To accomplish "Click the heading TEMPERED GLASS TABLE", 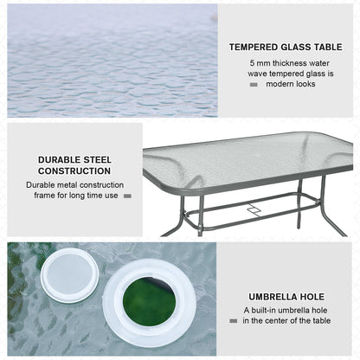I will pyautogui.click(x=285, y=48).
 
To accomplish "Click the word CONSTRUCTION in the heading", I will pyautogui.click(x=74, y=170).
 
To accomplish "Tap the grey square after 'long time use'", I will pyautogui.click(x=127, y=196).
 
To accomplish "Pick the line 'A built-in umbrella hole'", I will pyautogui.click(x=286, y=310).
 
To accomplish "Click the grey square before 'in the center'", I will pyautogui.click(x=235, y=321).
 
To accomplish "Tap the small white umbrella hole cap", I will pyautogui.click(x=68, y=279).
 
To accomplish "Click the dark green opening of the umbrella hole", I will pyautogui.click(x=148, y=303).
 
